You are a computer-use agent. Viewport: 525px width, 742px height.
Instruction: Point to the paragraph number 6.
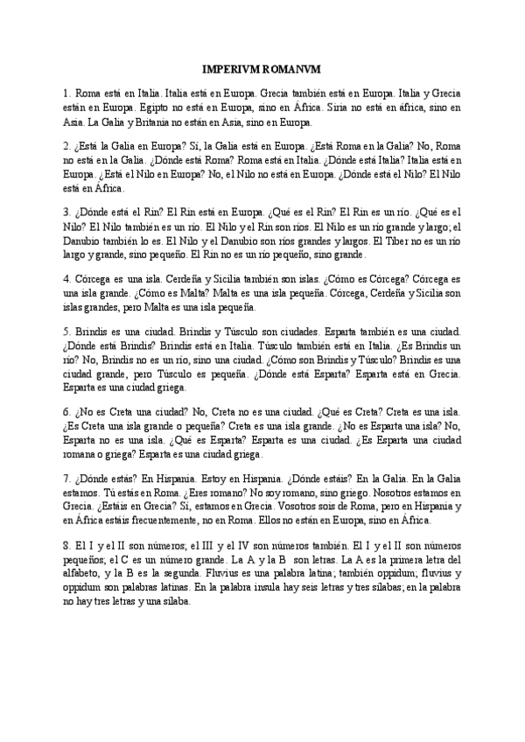pyautogui.click(x=66, y=410)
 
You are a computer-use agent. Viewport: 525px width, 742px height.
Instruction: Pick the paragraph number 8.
pyautogui.click(x=66, y=546)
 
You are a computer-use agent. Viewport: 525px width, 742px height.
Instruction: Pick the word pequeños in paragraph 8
pyautogui.click(x=87, y=560)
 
